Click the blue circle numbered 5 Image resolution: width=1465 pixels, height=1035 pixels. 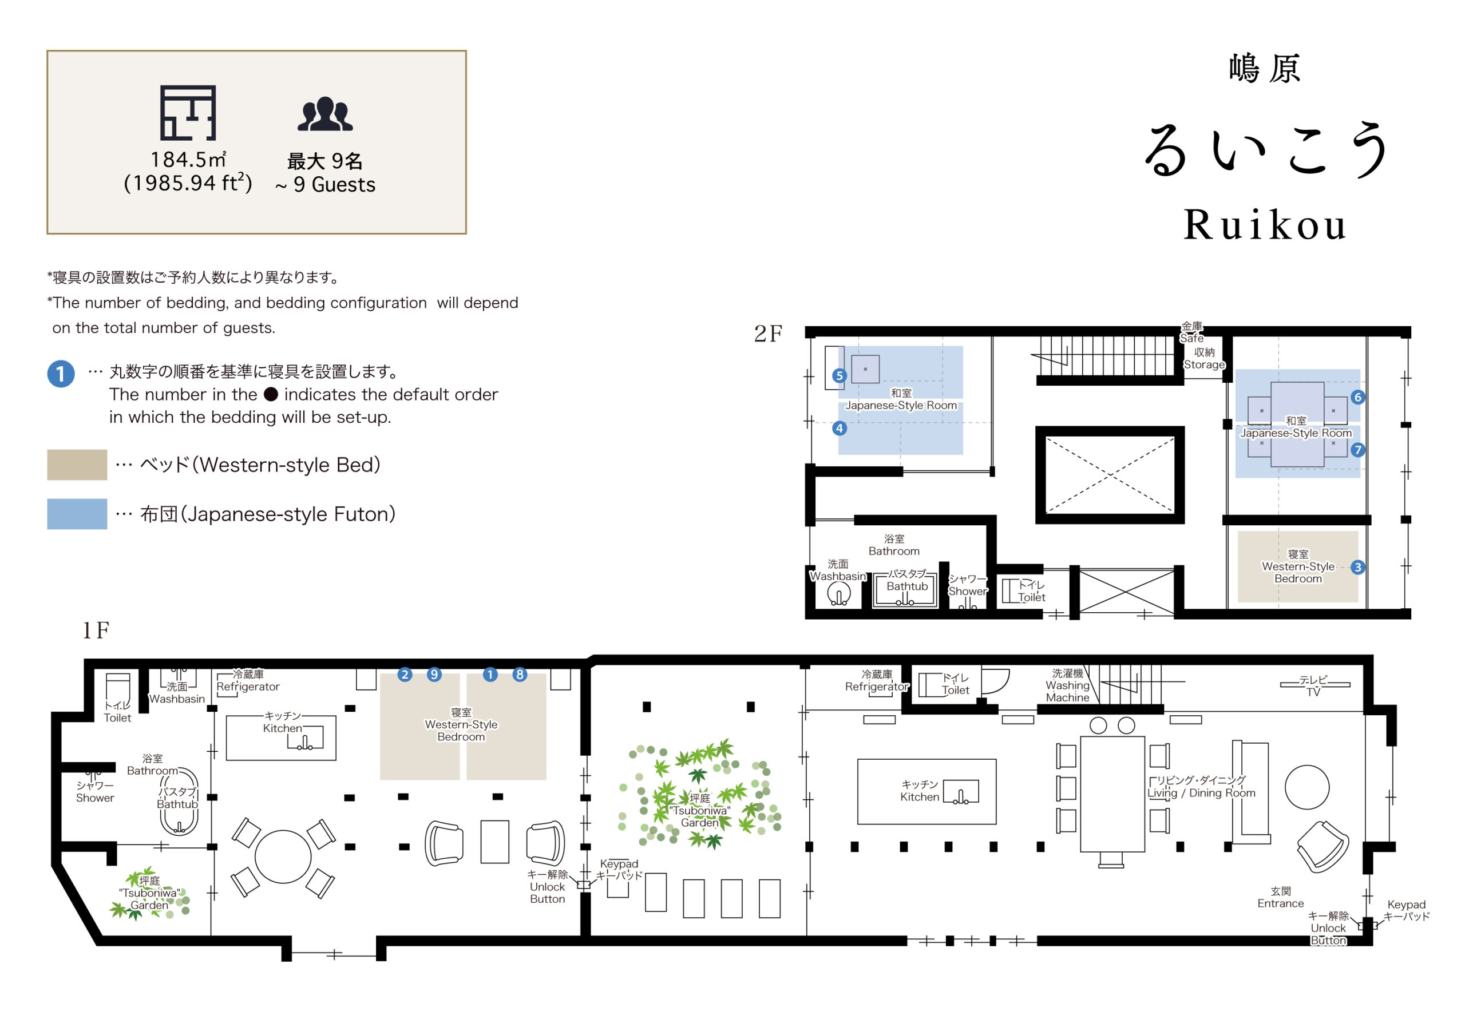(839, 376)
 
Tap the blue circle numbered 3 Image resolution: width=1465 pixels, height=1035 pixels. (1358, 567)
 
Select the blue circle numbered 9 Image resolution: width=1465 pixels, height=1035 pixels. (434, 675)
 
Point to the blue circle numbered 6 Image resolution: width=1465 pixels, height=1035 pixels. (1358, 397)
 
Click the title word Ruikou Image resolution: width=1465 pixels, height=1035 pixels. (1265, 225)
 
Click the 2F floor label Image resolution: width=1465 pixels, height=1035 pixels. (768, 333)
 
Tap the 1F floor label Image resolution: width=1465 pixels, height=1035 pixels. (96, 630)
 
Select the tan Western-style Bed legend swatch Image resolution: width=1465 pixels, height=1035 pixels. (77, 465)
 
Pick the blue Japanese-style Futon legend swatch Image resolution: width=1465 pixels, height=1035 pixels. (77, 514)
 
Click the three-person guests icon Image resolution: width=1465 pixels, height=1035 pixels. (326, 114)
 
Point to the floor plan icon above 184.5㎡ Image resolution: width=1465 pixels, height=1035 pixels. (188, 113)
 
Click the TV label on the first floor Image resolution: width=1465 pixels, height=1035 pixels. (1313, 692)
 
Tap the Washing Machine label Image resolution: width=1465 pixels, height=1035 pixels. (1067, 692)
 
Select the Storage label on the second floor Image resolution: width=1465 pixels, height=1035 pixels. (1204, 364)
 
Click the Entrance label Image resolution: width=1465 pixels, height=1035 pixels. (1281, 903)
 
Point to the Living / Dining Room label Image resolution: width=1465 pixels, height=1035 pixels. (1202, 793)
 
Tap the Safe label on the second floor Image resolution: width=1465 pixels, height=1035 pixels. (1191, 338)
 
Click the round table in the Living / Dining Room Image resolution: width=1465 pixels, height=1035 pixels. (1306, 787)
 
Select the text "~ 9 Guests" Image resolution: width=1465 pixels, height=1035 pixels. (326, 185)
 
